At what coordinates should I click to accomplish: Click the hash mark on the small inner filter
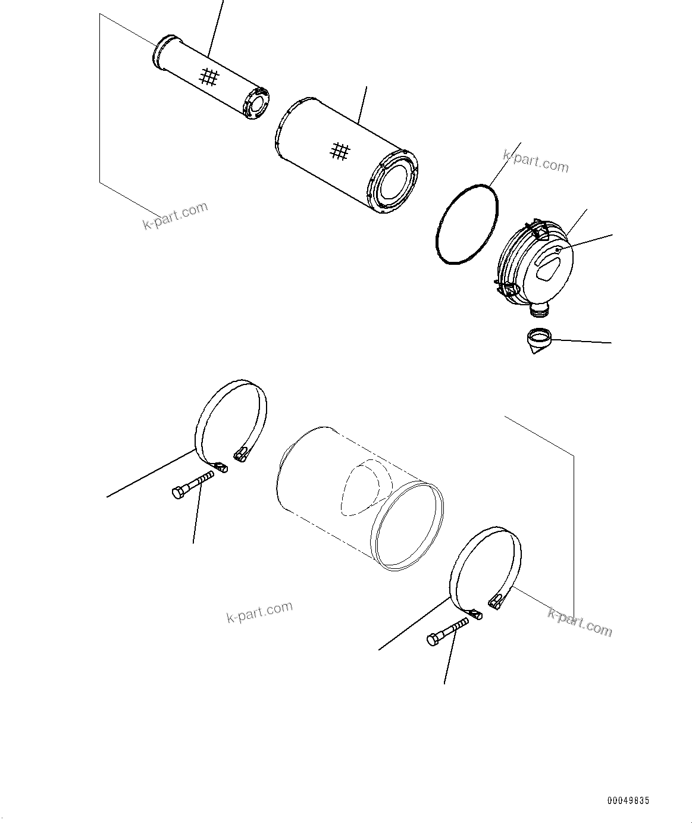208,77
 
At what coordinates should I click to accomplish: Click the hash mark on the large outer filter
340,151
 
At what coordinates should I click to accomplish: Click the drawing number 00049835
628,801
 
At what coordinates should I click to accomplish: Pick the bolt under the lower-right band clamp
447,633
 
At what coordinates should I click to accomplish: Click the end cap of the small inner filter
256,104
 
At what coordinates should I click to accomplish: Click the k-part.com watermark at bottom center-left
259,612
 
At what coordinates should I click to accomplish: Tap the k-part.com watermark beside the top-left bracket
176,215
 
